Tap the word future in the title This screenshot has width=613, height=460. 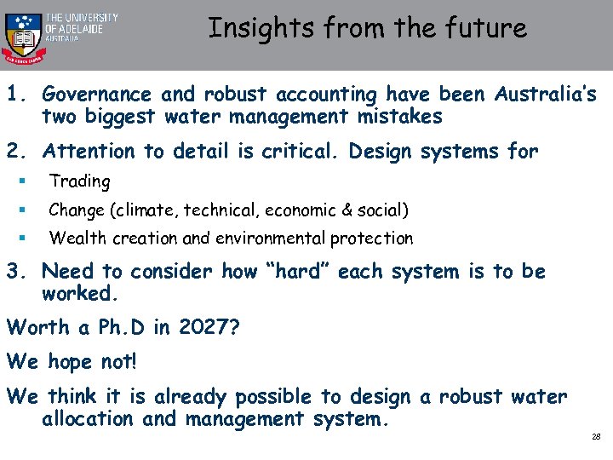point(487,28)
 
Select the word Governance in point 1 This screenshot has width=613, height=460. point(96,94)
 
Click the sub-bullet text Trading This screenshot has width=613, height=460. point(79,181)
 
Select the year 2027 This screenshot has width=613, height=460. point(205,328)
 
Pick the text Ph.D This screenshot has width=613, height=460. point(128,328)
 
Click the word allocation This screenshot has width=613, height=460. point(88,419)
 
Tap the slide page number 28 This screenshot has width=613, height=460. point(595,437)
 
